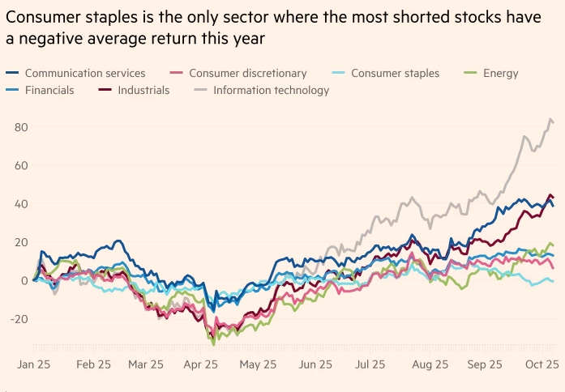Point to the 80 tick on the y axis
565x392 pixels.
click(20, 127)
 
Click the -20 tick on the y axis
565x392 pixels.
click(18, 319)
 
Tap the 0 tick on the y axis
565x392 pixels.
click(24, 281)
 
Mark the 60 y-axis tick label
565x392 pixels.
click(20, 165)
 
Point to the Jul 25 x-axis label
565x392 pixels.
click(370, 365)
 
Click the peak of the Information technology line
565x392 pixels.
click(551, 119)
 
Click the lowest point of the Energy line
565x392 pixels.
click(214, 344)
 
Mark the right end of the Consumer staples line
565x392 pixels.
click(554, 281)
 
